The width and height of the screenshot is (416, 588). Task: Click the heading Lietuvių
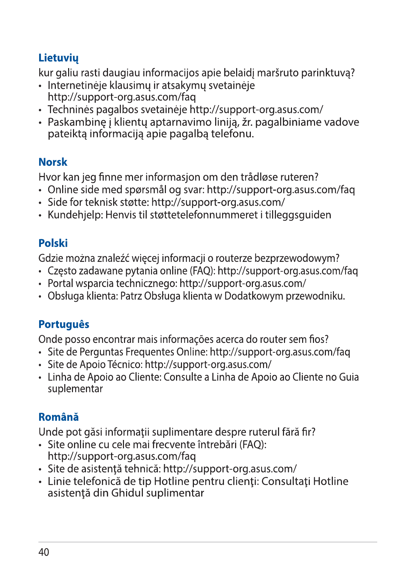[58, 58]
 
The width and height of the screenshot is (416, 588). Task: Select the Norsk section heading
[53, 162]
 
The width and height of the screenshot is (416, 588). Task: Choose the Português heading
[64, 324]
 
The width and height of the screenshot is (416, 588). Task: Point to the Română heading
[59, 417]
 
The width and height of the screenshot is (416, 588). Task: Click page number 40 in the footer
[44, 552]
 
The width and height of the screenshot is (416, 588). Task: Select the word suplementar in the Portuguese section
[75, 389]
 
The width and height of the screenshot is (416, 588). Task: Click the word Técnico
[125, 365]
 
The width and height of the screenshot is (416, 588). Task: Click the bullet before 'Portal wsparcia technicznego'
[41, 284]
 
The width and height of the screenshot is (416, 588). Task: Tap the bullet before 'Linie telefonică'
[41, 482]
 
